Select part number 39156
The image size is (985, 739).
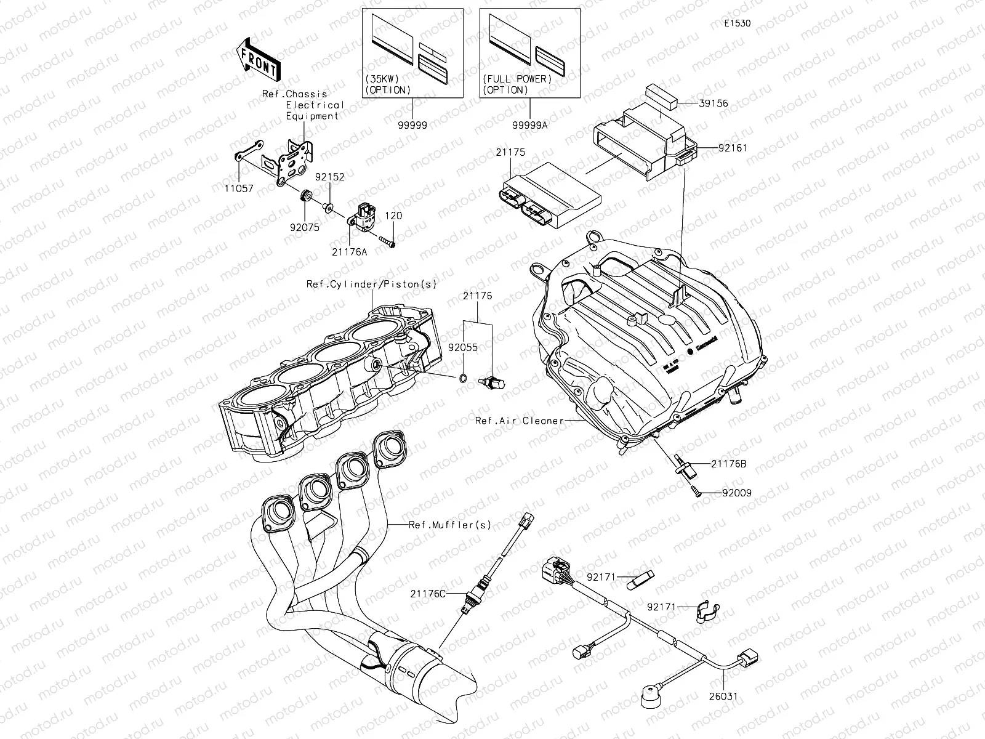[x=714, y=103]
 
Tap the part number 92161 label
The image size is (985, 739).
[x=733, y=148]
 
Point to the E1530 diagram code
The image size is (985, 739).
[x=737, y=23]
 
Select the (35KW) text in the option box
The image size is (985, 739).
[x=382, y=79]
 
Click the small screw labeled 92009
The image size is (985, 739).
[x=694, y=491]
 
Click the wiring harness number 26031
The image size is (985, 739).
[x=723, y=697]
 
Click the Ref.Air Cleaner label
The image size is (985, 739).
[x=520, y=421]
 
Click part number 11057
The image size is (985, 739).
[x=239, y=188]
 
